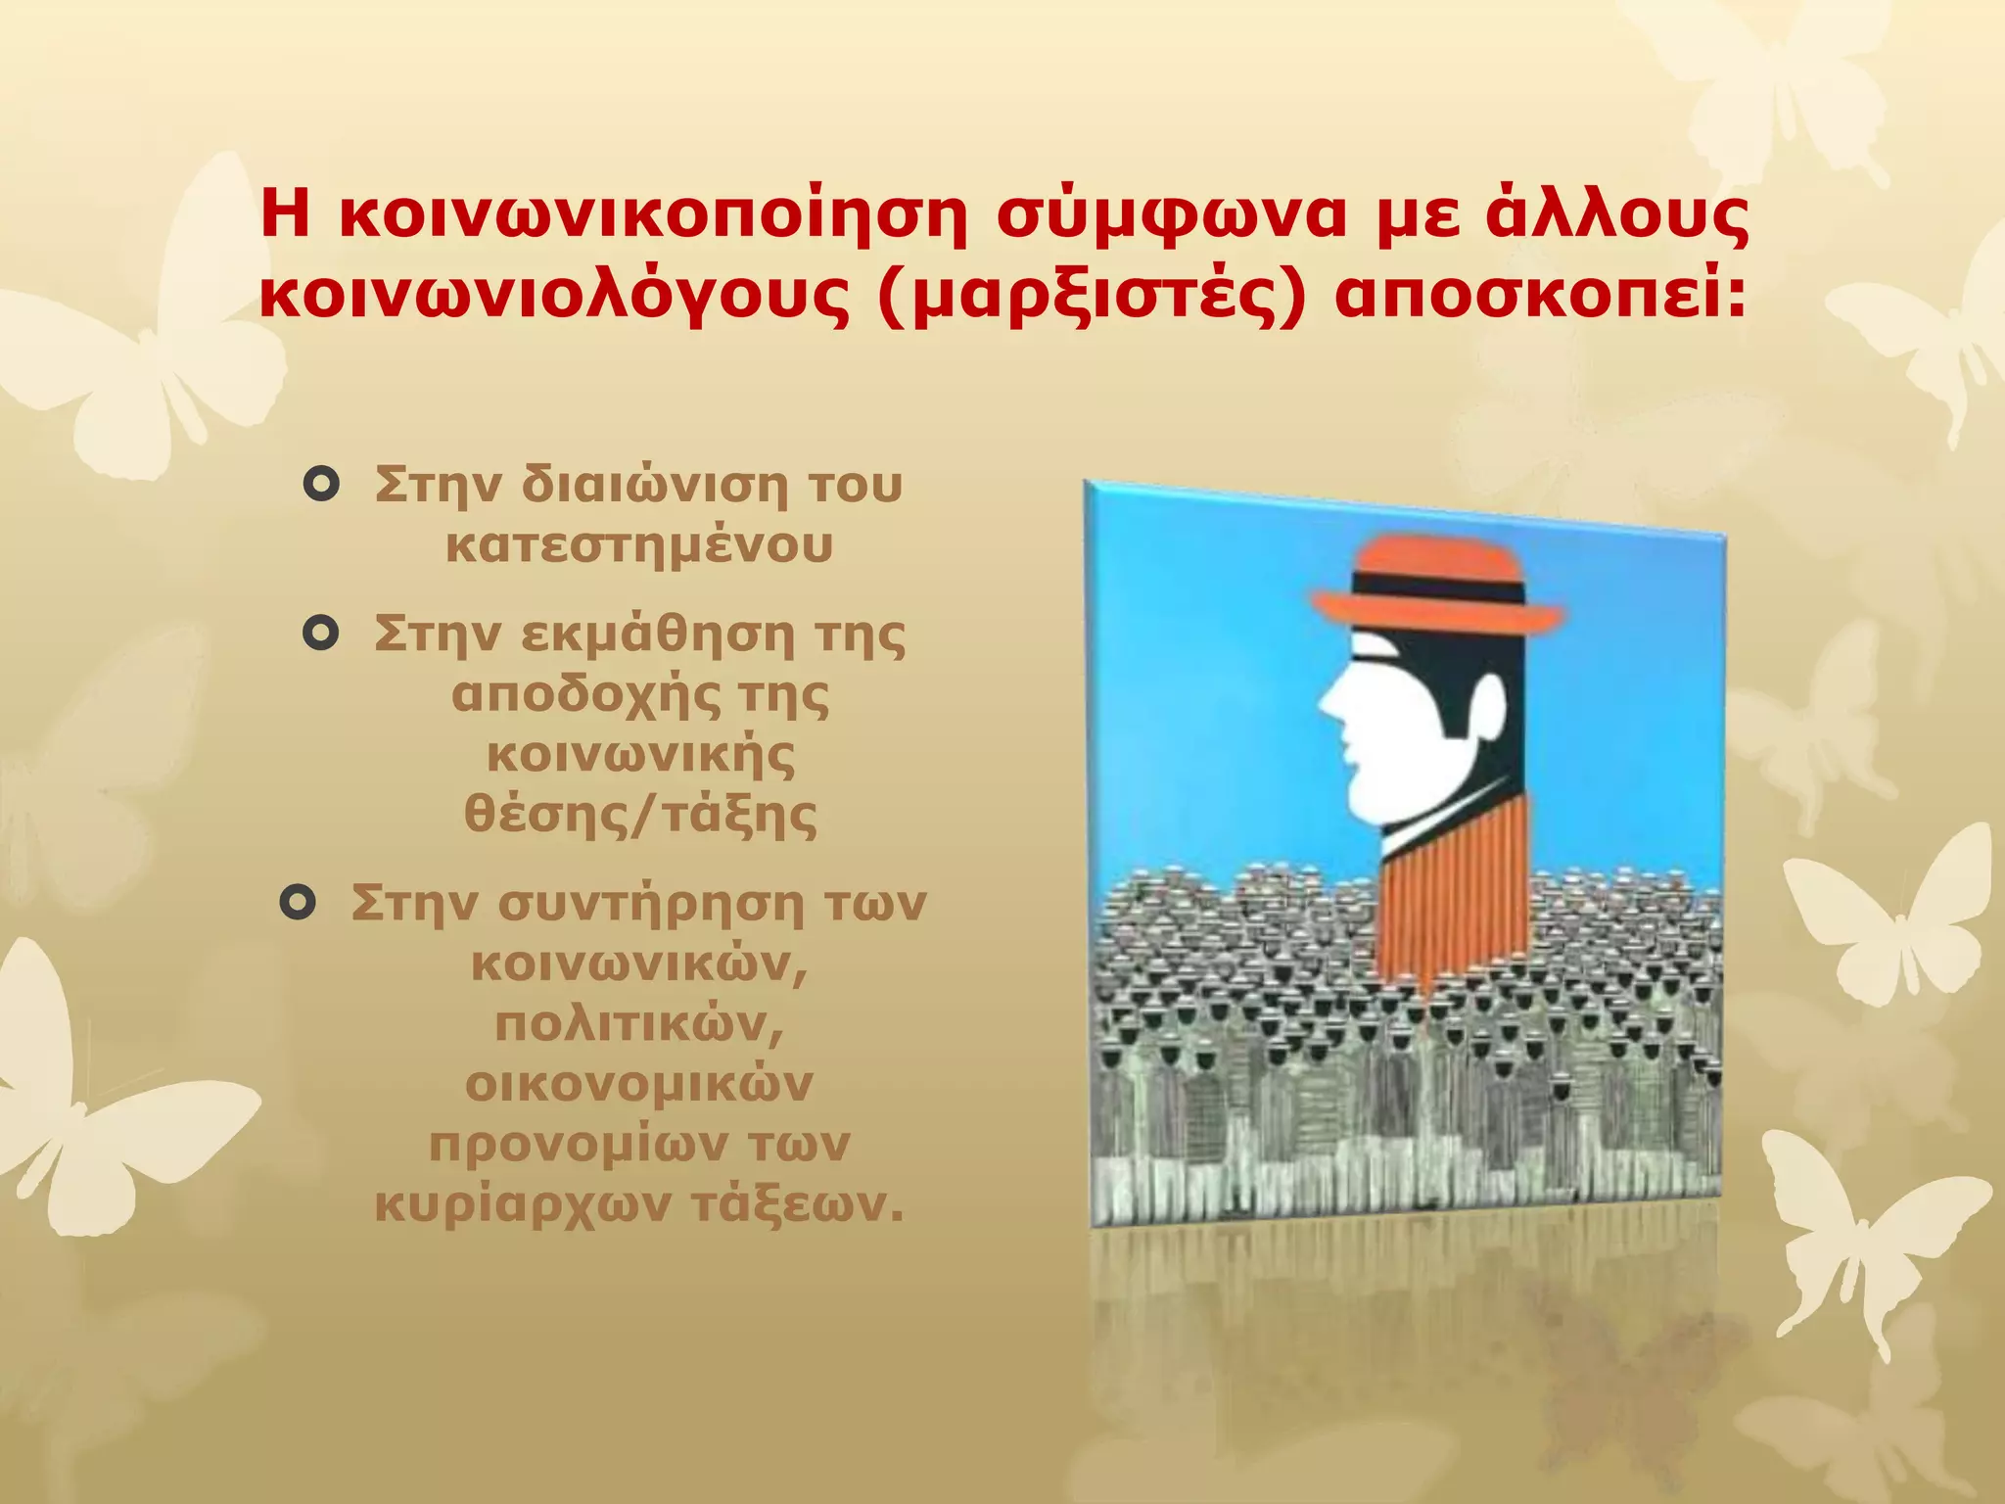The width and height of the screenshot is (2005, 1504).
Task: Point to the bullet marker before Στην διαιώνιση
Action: [x=321, y=484]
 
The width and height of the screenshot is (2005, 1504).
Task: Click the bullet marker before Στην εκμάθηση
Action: [x=321, y=634]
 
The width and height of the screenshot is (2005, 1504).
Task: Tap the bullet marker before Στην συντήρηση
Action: [x=298, y=902]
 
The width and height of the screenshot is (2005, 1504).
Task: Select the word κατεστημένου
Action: [x=639, y=544]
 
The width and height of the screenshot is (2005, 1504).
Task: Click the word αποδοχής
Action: [x=583, y=695]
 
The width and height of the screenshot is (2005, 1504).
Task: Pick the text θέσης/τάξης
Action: [x=640, y=815]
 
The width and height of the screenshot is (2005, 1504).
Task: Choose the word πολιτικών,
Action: [x=640, y=1024]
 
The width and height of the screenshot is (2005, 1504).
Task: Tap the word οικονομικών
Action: [x=639, y=1084]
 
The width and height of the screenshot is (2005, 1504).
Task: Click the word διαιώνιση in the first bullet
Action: [x=654, y=484]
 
